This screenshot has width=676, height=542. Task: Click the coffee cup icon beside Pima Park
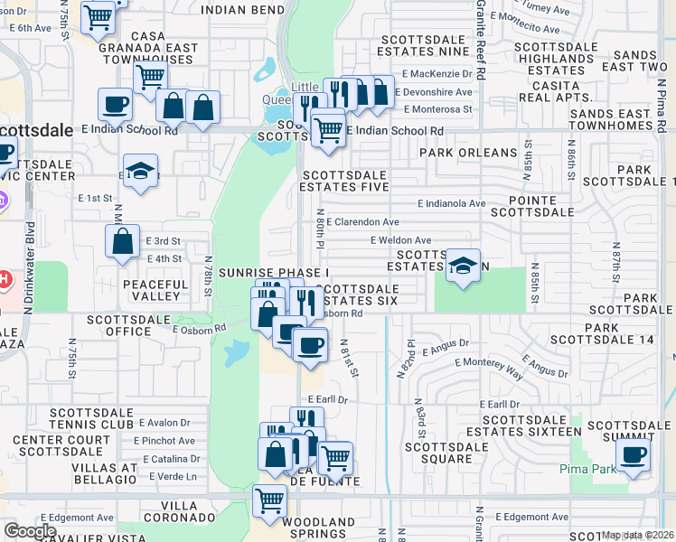tap(634, 454)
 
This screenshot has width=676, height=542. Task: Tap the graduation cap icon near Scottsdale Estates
tap(463, 266)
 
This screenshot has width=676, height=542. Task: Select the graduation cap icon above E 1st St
tap(140, 170)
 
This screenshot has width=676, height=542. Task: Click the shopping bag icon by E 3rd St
tap(122, 241)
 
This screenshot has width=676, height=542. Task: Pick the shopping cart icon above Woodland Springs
tap(269, 500)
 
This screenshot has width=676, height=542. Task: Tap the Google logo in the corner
tap(30, 530)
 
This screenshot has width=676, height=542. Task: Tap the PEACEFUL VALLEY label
tap(155, 290)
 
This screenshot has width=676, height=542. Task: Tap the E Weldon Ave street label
tap(400, 240)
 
